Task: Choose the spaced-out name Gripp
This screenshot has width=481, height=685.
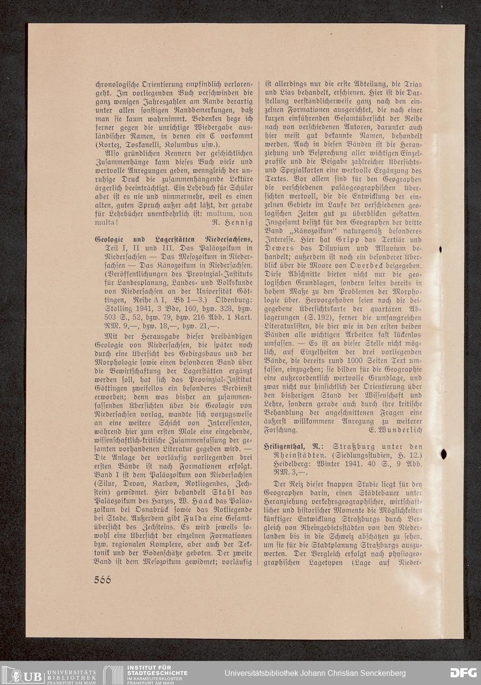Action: tap(329, 240)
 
